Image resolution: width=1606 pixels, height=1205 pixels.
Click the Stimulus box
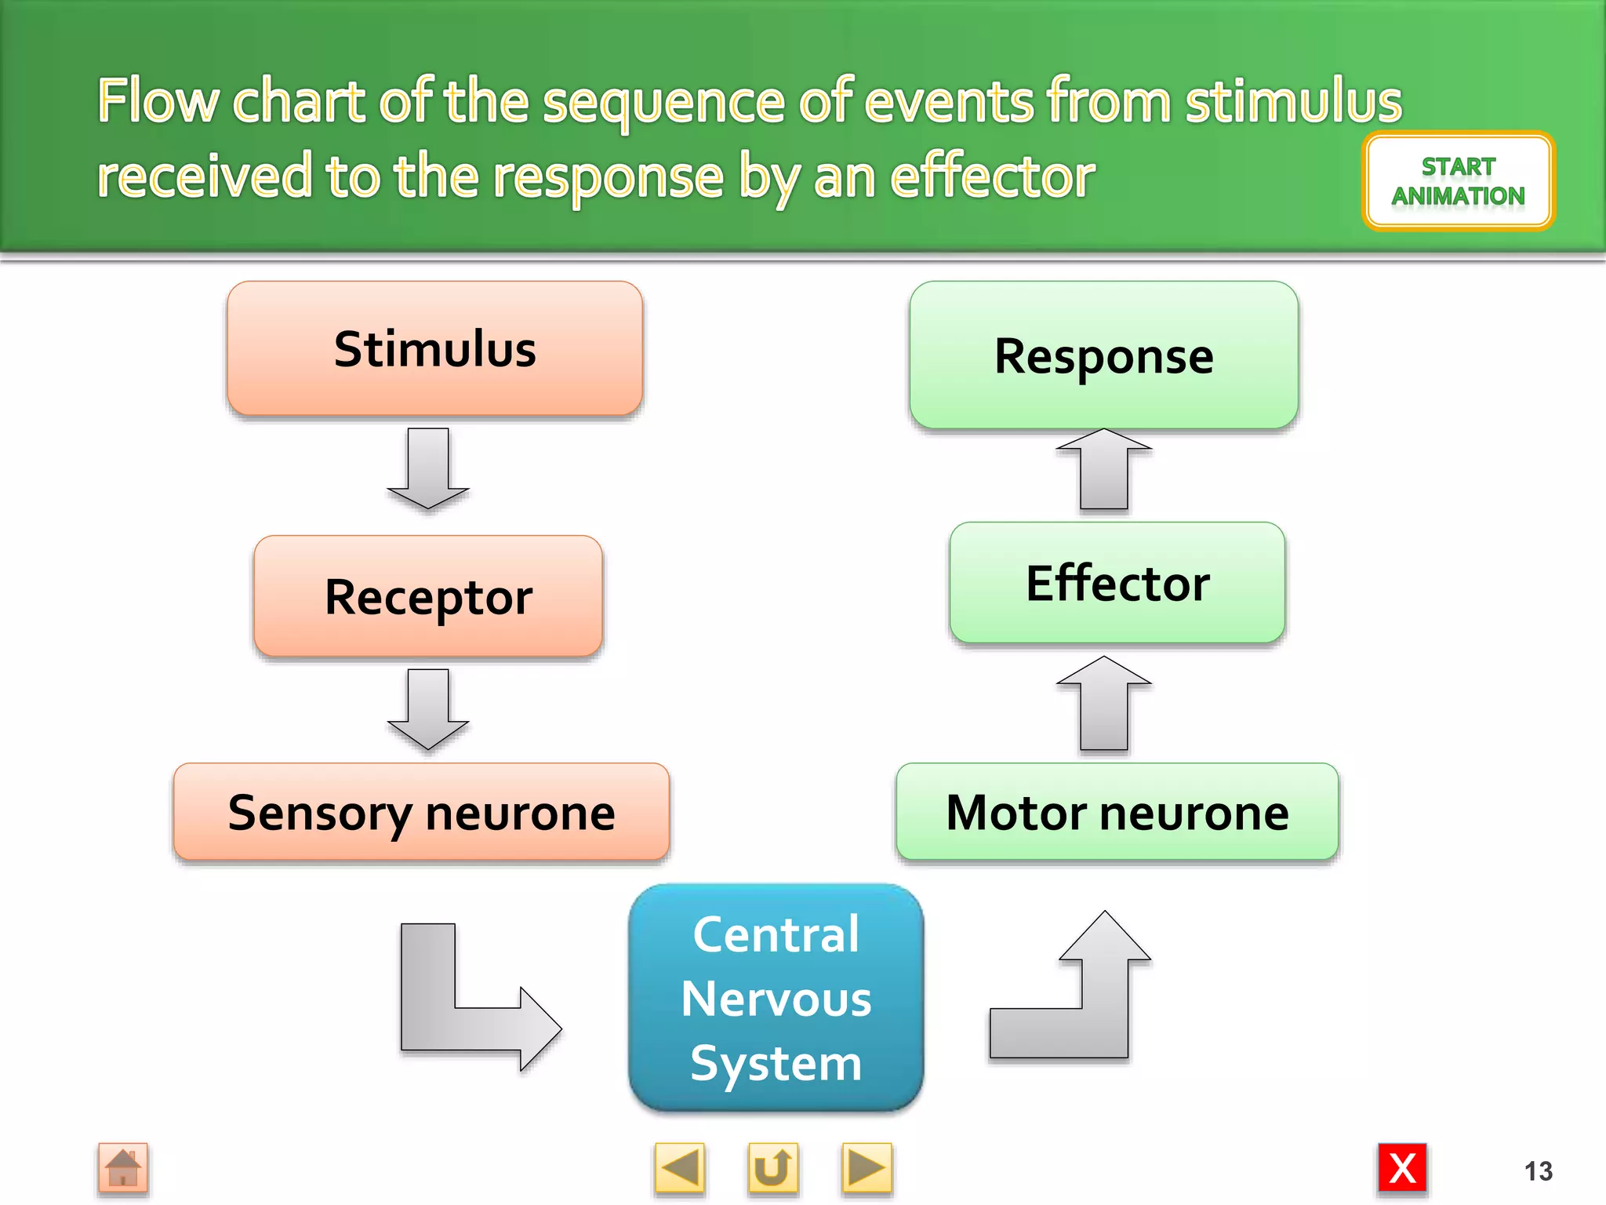click(434, 348)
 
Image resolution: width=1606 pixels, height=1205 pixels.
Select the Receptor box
click(428, 596)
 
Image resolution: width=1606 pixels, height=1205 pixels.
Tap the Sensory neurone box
click(421, 812)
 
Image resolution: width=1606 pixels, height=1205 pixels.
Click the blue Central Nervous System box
click(776, 998)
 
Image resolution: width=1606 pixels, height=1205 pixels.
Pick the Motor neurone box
click(1117, 812)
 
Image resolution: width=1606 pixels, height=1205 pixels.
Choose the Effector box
click(1117, 583)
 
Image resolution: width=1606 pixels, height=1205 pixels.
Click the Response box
click(1103, 355)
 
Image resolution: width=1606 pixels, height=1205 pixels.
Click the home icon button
click(123, 1168)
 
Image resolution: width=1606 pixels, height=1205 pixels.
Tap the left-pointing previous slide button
click(679, 1168)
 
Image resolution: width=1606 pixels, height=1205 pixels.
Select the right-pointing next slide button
click(867, 1168)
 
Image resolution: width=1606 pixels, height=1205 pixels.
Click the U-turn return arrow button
click(772, 1168)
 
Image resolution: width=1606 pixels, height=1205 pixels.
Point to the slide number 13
click(1538, 1171)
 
